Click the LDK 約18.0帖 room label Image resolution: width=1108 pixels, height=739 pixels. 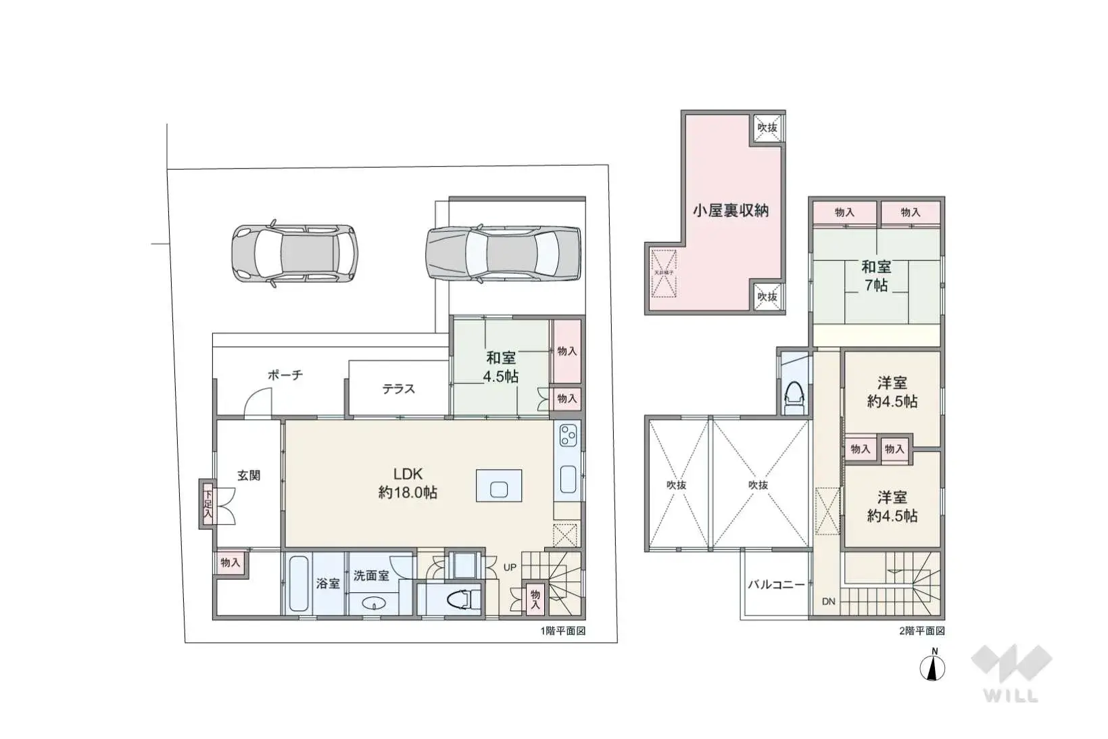pos(408,483)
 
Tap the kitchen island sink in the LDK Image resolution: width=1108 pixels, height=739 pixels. pos(499,486)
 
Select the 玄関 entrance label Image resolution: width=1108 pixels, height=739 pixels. pos(249,475)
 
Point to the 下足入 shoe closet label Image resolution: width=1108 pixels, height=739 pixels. pos(208,504)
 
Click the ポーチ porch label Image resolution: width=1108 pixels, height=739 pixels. pos(285,375)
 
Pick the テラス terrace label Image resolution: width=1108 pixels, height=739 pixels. pos(398,389)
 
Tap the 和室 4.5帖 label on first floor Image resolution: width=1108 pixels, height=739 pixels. pos(501,367)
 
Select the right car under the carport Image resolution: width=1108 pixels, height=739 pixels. pos(503,254)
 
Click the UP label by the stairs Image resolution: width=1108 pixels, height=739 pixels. pos(510,567)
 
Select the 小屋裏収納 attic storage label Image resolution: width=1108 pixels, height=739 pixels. pos(730,210)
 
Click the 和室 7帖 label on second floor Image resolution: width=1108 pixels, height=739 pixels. pos(876,276)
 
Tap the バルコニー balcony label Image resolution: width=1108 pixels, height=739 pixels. pos(775,585)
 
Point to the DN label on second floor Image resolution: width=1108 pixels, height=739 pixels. pos(828,601)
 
